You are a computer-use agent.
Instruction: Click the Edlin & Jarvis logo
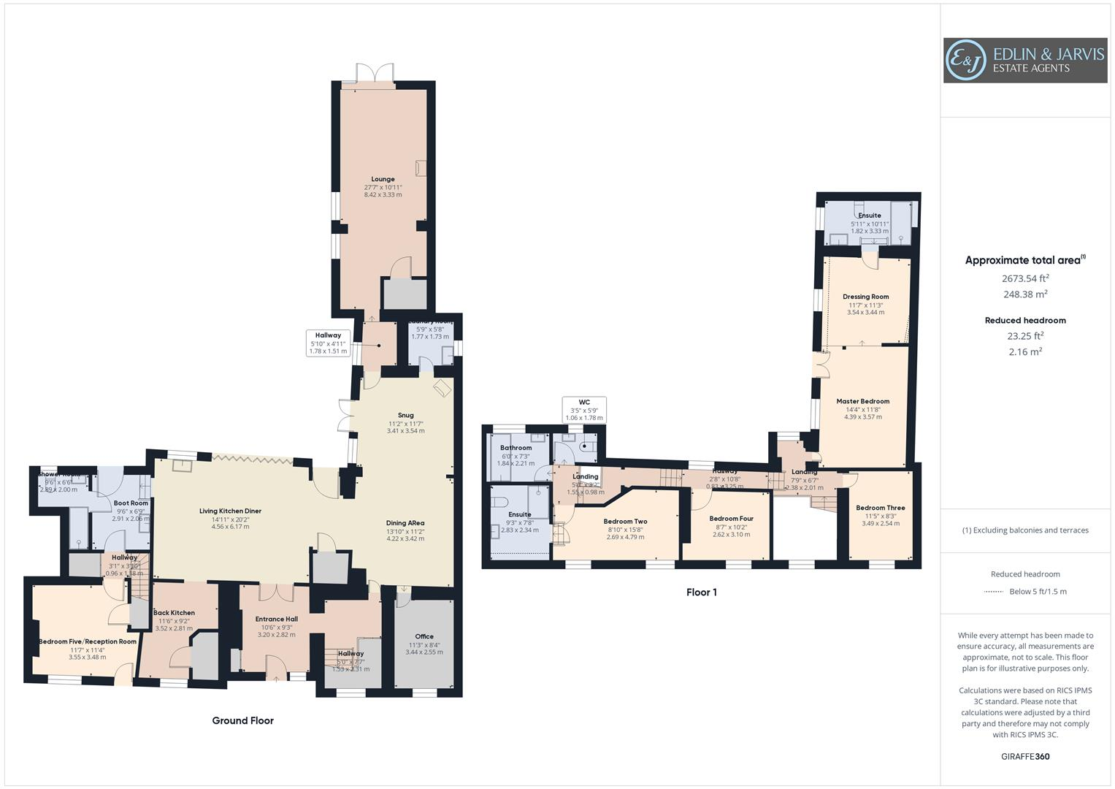coord(1024,61)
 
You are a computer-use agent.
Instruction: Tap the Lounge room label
coord(383,179)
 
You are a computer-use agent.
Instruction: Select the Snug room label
coord(405,415)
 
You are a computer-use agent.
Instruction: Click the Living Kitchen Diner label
coord(230,511)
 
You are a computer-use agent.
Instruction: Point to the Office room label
coord(424,636)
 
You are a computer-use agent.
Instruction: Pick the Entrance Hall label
coord(276,619)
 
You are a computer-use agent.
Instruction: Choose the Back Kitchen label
coord(174,612)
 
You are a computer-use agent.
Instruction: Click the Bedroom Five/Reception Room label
coord(87,641)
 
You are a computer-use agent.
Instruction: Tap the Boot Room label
coord(131,503)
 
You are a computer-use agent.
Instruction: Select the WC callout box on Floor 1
coord(584,410)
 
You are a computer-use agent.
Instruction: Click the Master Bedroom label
coord(862,401)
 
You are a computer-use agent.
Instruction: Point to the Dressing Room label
coord(865,297)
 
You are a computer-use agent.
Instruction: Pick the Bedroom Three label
coord(880,508)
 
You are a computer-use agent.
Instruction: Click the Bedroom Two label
coord(625,522)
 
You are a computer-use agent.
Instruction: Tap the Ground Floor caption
coord(242,720)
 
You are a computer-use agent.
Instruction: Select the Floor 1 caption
coord(701,592)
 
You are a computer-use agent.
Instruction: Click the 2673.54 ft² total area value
coord(1025,278)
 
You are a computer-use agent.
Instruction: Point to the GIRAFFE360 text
coord(1024,756)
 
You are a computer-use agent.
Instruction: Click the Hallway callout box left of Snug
coord(328,343)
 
